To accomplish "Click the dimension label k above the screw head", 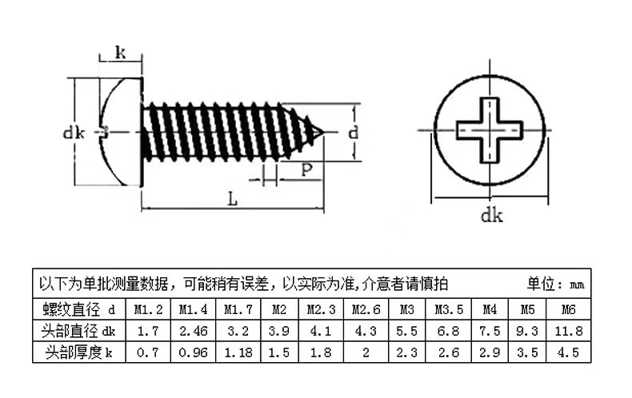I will tap(120, 54).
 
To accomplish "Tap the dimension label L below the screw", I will tap(232, 200).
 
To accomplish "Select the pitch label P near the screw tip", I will tap(306, 169).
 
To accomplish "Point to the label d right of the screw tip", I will tap(353, 133).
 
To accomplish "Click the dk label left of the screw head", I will tap(74, 133).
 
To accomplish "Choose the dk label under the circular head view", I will tap(491, 214).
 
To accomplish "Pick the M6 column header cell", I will tap(569, 309).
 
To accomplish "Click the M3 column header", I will tap(406, 309).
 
